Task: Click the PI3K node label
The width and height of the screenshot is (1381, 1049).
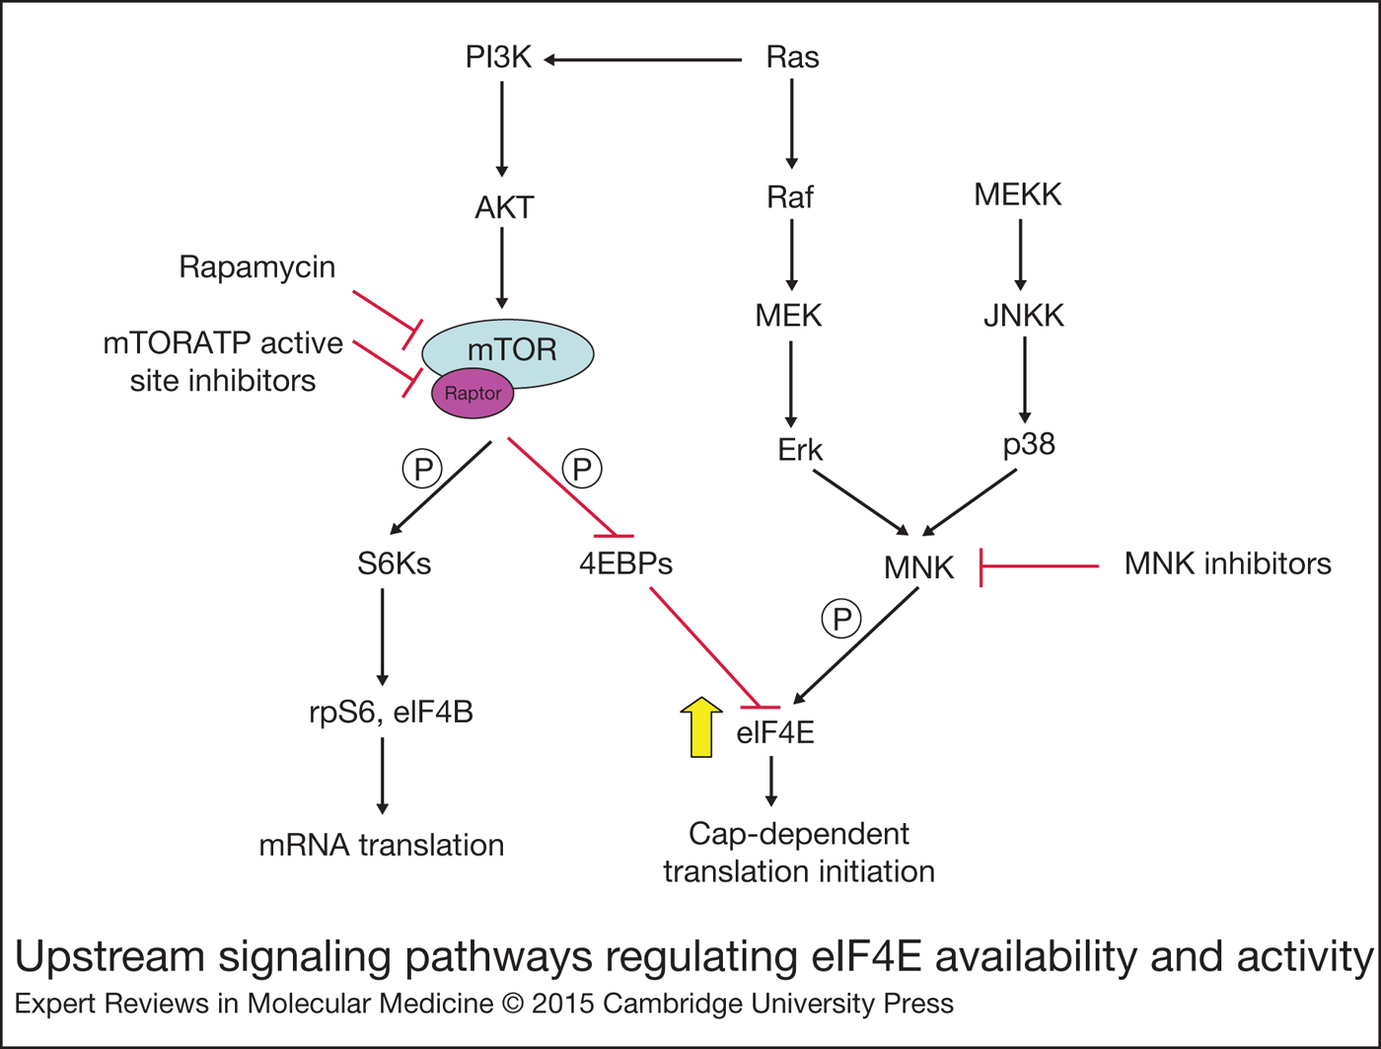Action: pyautogui.click(x=499, y=58)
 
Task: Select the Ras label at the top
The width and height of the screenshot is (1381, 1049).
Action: pyautogui.click(x=792, y=58)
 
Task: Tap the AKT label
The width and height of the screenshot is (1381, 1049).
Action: pyautogui.click(x=504, y=208)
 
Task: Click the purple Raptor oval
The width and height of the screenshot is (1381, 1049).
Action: pyautogui.click(x=472, y=394)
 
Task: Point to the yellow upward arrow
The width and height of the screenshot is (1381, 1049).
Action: pyautogui.click(x=701, y=727)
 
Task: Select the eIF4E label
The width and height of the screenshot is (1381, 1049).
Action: pyautogui.click(x=775, y=733)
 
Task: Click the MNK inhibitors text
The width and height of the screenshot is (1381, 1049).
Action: pyautogui.click(x=1227, y=564)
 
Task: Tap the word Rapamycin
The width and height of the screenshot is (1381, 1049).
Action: pyautogui.click(x=256, y=267)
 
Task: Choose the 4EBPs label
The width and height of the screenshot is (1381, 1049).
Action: pyautogui.click(x=625, y=564)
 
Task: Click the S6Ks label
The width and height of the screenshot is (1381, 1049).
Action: pyautogui.click(x=394, y=564)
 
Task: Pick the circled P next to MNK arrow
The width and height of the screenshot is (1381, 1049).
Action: pyautogui.click(x=841, y=620)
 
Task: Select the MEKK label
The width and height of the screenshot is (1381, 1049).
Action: pyautogui.click(x=1018, y=195)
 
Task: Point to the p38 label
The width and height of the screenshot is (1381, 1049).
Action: pyautogui.click(x=1029, y=445)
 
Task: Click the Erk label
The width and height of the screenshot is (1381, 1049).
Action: pyautogui.click(x=800, y=451)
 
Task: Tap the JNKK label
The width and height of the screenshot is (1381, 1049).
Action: pyautogui.click(x=1024, y=317)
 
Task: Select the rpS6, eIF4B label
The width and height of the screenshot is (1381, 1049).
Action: pyautogui.click(x=391, y=712)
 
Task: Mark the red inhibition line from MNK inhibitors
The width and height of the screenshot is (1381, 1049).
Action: pyautogui.click(x=1040, y=566)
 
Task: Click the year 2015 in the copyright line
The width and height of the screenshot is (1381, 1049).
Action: pyautogui.click(x=563, y=1005)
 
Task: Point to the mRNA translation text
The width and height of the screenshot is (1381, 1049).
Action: pyautogui.click(x=382, y=846)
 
